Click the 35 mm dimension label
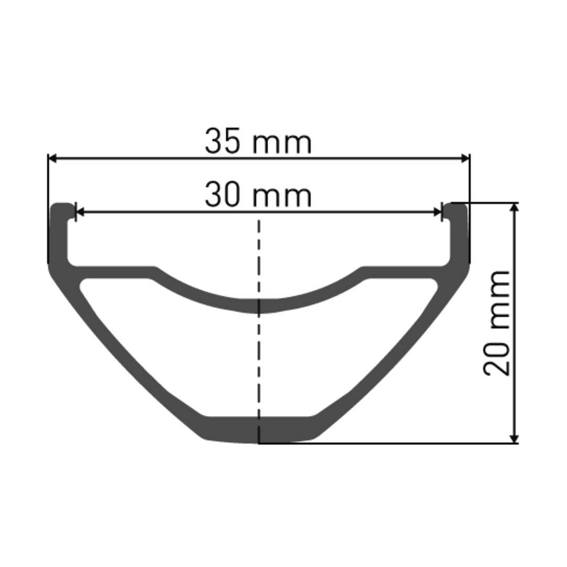(x=258, y=141)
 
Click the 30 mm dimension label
(x=258, y=195)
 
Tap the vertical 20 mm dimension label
(x=497, y=322)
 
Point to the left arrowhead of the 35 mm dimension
(x=52, y=158)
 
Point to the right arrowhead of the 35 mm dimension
(x=465, y=158)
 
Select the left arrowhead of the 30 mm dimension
(x=80, y=212)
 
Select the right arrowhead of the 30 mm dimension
(x=437, y=212)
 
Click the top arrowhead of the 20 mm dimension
(x=515, y=207)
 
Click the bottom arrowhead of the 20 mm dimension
(x=515, y=438)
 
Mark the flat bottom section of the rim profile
(x=258, y=429)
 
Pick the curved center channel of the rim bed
(x=258, y=304)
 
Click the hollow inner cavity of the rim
(x=258, y=362)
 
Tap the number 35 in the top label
(x=222, y=141)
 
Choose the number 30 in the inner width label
(x=222, y=195)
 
